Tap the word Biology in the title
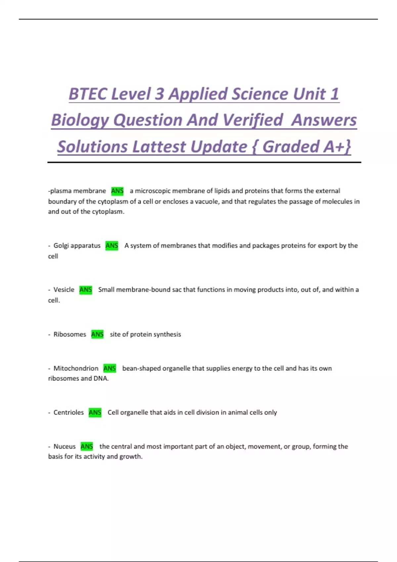(80, 120)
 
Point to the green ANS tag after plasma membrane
(117, 191)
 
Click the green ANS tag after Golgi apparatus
(112, 246)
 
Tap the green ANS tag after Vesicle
(86, 290)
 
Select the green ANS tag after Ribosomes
(97, 334)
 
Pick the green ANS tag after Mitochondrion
(110, 368)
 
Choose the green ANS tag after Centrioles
(95, 412)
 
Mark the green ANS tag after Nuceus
(87, 446)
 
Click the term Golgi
(61, 246)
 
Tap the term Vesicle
(64, 290)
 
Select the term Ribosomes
(69, 334)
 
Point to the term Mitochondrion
(76, 368)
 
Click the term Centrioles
(68, 412)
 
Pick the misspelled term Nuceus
(65, 446)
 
